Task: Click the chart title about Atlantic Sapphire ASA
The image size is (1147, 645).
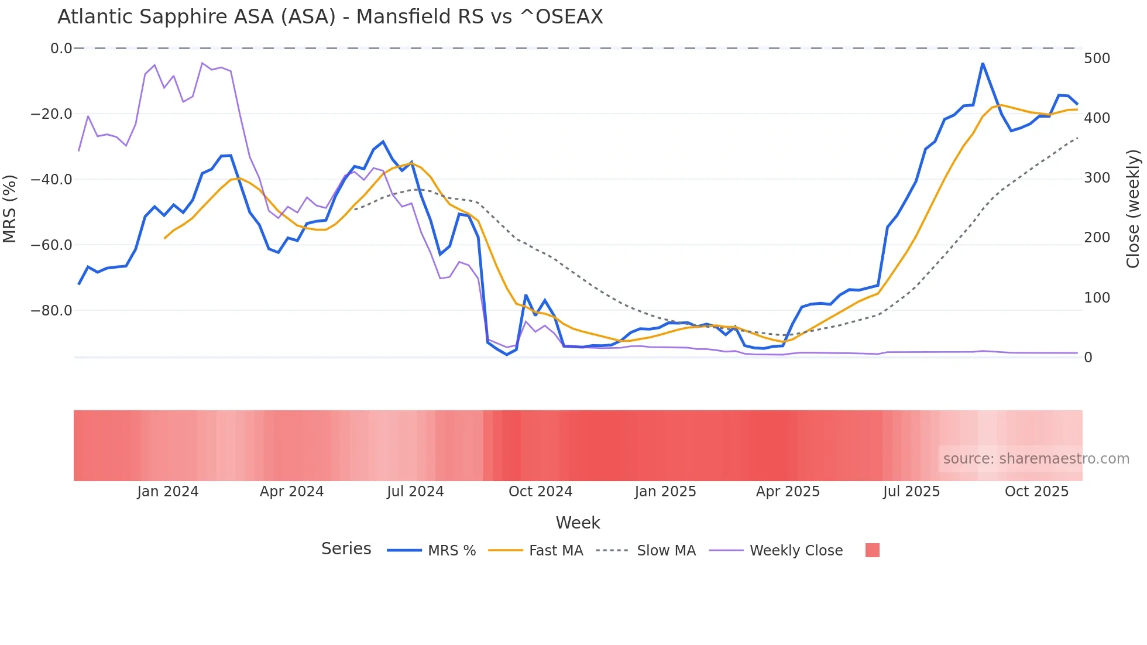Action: click(330, 17)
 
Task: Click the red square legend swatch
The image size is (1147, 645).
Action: click(872, 550)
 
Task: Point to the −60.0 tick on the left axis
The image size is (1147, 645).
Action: click(51, 245)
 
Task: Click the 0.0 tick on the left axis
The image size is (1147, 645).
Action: click(61, 49)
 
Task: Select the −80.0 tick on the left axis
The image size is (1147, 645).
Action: click(51, 311)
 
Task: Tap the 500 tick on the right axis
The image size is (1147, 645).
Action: click(1097, 59)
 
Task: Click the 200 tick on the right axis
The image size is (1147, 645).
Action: click(1097, 238)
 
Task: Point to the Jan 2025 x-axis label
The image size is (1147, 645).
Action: click(665, 492)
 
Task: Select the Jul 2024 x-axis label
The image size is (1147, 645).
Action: click(415, 492)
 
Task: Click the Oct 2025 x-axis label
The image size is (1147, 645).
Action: click(1036, 492)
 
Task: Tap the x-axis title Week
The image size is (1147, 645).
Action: click(578, 523)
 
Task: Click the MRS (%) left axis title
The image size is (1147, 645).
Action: click(10, 208)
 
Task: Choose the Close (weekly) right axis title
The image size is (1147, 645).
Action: click(1133, 208)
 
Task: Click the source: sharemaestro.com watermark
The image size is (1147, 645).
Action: click(1036, 459)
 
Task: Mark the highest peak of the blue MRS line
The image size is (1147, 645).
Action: click(983, 63)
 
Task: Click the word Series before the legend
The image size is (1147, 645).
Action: click(346, 549)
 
